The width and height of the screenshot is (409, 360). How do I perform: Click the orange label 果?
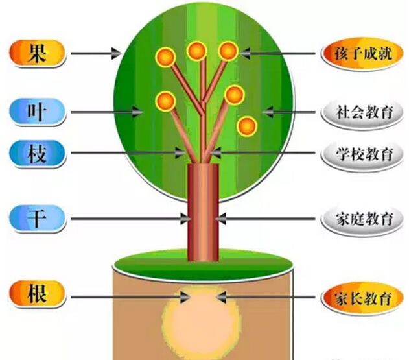(x=37, y=54)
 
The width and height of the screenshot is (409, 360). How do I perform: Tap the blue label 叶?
(x=37, y=112)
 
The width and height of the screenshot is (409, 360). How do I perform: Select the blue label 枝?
(x=37, y=153)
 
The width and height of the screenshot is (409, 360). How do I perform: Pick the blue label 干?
(x=37, y=218)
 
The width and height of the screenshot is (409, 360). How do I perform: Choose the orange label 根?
(x=37, y=294)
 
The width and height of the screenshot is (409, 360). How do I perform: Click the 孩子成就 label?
(x=362, y=54)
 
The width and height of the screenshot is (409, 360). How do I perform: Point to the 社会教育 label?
(x=362, y=112)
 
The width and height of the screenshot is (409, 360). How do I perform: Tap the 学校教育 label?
(x=362, y=154)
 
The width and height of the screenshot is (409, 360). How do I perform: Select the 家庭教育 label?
(x=362, y=219)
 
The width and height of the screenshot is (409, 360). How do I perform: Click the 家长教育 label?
(x=362, y=298)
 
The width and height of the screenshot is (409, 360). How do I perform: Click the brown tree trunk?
(x=203, y=212)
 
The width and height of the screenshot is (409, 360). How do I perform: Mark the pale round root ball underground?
(x=201, y=322)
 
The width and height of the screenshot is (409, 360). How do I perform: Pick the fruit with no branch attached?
(x=247, y=126)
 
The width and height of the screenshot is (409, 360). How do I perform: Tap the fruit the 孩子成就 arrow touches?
(x=228, y=51)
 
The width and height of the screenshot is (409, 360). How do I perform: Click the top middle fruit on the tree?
(x=196, y=51)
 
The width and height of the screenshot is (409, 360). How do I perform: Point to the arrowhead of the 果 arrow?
(x=116, y=54)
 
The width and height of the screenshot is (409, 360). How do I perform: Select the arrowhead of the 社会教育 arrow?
(x=268, y=112)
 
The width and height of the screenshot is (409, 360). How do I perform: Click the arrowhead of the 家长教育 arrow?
(x=221, y=297)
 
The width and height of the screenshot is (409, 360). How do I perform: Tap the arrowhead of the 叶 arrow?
(x=137, y=112)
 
